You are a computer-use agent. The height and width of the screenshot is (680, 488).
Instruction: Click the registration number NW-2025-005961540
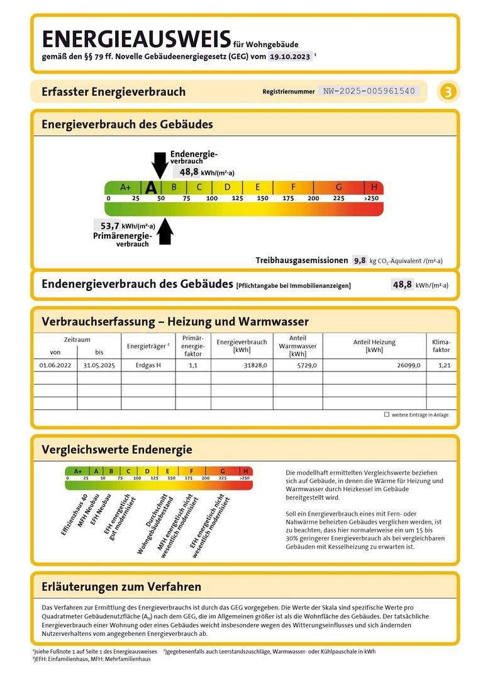pos(369,91)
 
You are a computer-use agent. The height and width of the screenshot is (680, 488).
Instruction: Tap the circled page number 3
pos(448,92)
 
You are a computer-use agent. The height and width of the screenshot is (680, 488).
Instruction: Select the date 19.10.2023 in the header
pos(289,56)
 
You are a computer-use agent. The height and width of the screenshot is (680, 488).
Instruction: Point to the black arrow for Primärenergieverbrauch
pos(165,230)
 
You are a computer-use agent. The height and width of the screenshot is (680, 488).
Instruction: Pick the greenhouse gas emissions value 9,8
pos(359,260)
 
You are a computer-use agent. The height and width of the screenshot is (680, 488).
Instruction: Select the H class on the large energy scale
pos(374,187)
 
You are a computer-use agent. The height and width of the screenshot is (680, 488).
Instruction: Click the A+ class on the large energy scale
pos(125,187)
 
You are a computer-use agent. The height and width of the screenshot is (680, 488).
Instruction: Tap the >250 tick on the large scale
pos(372,198)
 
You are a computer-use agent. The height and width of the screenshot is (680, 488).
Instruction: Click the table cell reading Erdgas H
pos(148,365)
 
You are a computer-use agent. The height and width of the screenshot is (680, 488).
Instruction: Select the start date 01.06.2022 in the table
pos(55,365)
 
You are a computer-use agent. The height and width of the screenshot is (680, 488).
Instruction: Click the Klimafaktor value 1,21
pos(444,365)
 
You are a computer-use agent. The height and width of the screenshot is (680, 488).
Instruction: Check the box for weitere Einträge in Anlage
pos(386,415)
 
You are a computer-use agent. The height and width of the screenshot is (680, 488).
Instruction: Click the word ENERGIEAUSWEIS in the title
pos(136,39)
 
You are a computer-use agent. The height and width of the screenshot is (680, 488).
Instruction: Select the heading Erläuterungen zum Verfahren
pos(121,587)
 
